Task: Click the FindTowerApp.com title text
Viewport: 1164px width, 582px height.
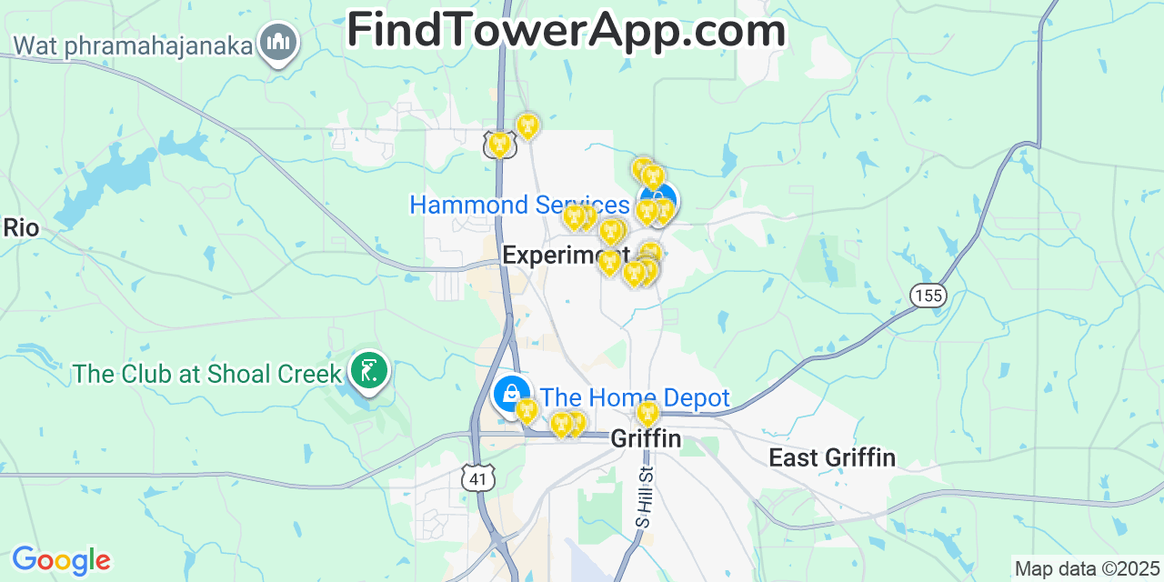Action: point(566,31)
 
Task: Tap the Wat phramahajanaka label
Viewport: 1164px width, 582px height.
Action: point(133,45)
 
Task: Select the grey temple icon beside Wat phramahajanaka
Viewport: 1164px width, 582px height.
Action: point(278,42)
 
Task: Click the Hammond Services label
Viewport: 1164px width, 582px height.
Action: point(519,205)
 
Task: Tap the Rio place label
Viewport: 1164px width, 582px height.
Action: point(21,227)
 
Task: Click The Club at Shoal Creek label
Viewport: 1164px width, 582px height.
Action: point(207,374)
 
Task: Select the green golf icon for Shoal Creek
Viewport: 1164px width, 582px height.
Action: point(369,371)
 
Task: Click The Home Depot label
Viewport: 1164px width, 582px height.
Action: point(635,397)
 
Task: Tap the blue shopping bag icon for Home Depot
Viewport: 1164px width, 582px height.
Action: point(511,393)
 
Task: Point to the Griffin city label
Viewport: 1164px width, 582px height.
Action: point(646,438)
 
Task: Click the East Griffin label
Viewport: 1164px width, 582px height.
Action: point(832,457)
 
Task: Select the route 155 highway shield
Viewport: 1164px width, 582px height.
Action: point(928,295)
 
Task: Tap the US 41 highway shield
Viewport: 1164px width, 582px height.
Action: point(477,478)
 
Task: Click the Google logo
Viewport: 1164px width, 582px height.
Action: point(61,560)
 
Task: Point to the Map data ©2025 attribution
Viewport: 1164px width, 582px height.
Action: point(1087,569)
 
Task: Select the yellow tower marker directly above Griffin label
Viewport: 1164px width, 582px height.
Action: point(647,414)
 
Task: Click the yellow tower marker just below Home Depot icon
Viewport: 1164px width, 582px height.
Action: point(526,410)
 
